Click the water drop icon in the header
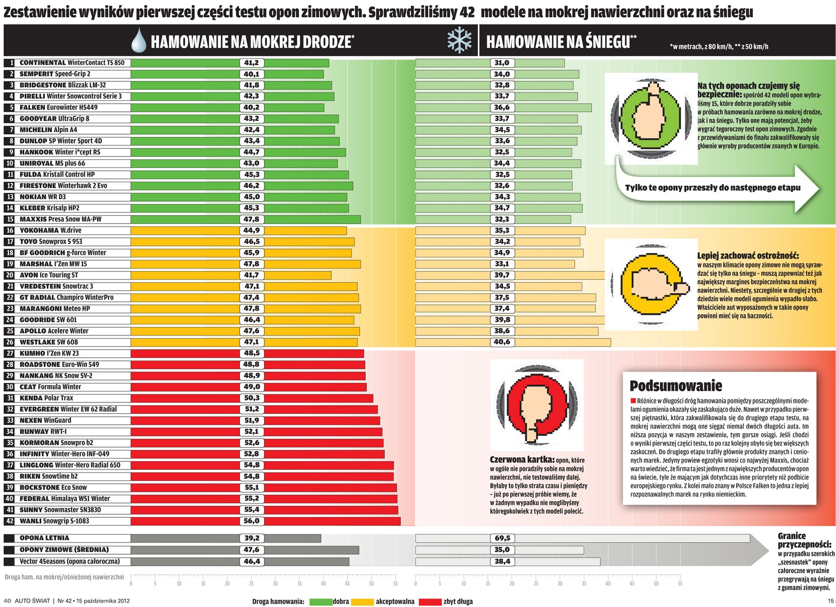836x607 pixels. [x=139, y=40]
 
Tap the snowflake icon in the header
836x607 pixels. [x=459, y=40]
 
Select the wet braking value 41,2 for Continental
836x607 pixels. [x=251, y=63]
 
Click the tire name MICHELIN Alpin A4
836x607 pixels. [x=48, y=130]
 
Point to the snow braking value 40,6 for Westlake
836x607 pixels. [x=502, y=342]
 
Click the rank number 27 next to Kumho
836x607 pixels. [x=10, y=353]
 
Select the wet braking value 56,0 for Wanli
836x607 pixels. [x=251, y=521]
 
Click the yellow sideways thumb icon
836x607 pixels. [x=650, y=284]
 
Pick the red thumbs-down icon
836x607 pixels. [x=537, y=405]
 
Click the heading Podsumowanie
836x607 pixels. [x=675, y=385]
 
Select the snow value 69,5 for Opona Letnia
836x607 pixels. [x=502, y=538]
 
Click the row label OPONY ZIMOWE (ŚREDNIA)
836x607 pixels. [x=64, y=550]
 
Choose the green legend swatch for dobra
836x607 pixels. [x=321, y=602]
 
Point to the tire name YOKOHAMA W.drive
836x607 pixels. [x=50, y=230]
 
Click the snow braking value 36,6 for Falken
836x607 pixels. [x=502, y=108]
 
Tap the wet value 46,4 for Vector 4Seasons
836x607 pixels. [x=251, y=561]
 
